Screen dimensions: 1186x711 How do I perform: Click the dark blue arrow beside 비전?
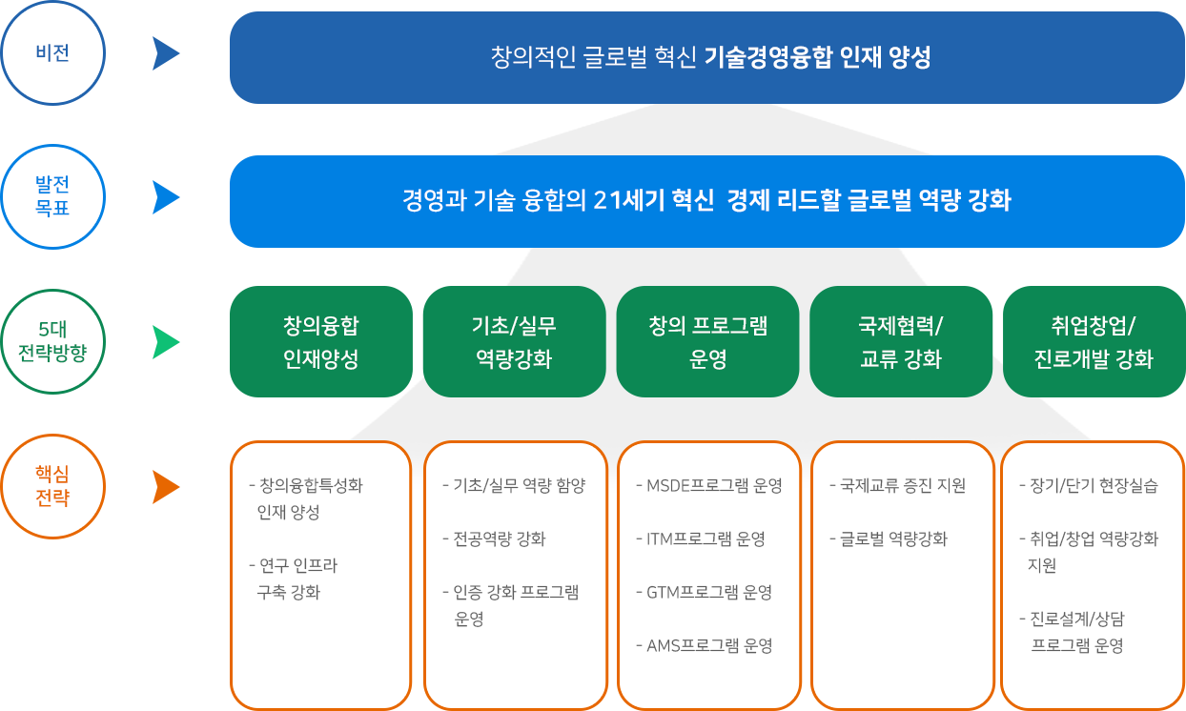[x=166, y=53]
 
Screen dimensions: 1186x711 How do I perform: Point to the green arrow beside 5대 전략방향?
[x=166, y=342]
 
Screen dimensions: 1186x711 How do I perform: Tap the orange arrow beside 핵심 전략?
[x=166, y=487]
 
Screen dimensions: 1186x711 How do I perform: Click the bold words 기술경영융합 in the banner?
[x=768, y=57]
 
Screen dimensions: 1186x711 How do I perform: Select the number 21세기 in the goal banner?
[x=628, y=200]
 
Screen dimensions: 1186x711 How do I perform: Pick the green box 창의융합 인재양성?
[x=321, y=341]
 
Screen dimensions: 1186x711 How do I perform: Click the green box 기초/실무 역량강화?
[x=514, y=341]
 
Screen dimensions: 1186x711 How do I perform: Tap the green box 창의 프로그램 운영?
[x=707, y=341]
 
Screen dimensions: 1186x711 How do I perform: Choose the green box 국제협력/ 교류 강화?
[x=901, y=341]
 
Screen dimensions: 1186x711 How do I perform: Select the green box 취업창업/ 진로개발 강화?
[x=1094, y=341]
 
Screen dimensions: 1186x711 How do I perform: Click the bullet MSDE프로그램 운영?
[x=709, y=485]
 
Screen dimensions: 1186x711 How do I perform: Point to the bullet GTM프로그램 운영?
[x=705, y=592]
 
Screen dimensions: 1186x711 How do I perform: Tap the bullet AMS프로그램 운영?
[x=705, y=645]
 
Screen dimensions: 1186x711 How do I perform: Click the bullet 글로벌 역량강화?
[x=889, y=538]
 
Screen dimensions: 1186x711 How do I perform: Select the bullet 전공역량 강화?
[x=494, y=538]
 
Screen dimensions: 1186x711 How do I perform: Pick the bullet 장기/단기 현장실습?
[x=1089, y=485]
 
